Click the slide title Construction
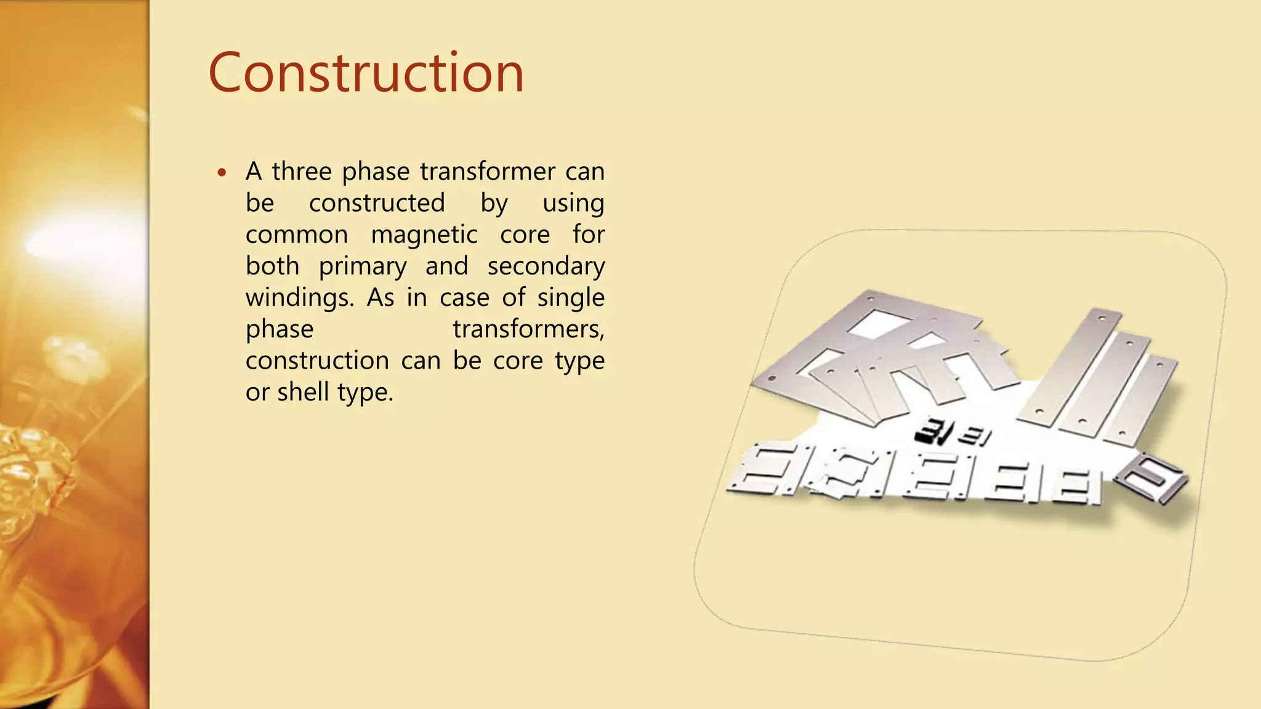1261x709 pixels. coord(366,73)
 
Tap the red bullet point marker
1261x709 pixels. coord(222,172)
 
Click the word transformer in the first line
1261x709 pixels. coord(488,171)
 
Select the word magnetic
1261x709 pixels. coord(424,234)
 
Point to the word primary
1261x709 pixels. coord(363,266)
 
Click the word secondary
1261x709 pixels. coord(546,266)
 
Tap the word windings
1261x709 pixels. coord(299,298)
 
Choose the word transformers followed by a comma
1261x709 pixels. coord(528,329)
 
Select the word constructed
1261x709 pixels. coord(376,203)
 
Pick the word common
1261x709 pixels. coord(296,234)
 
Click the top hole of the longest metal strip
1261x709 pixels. coord(1102,318)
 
